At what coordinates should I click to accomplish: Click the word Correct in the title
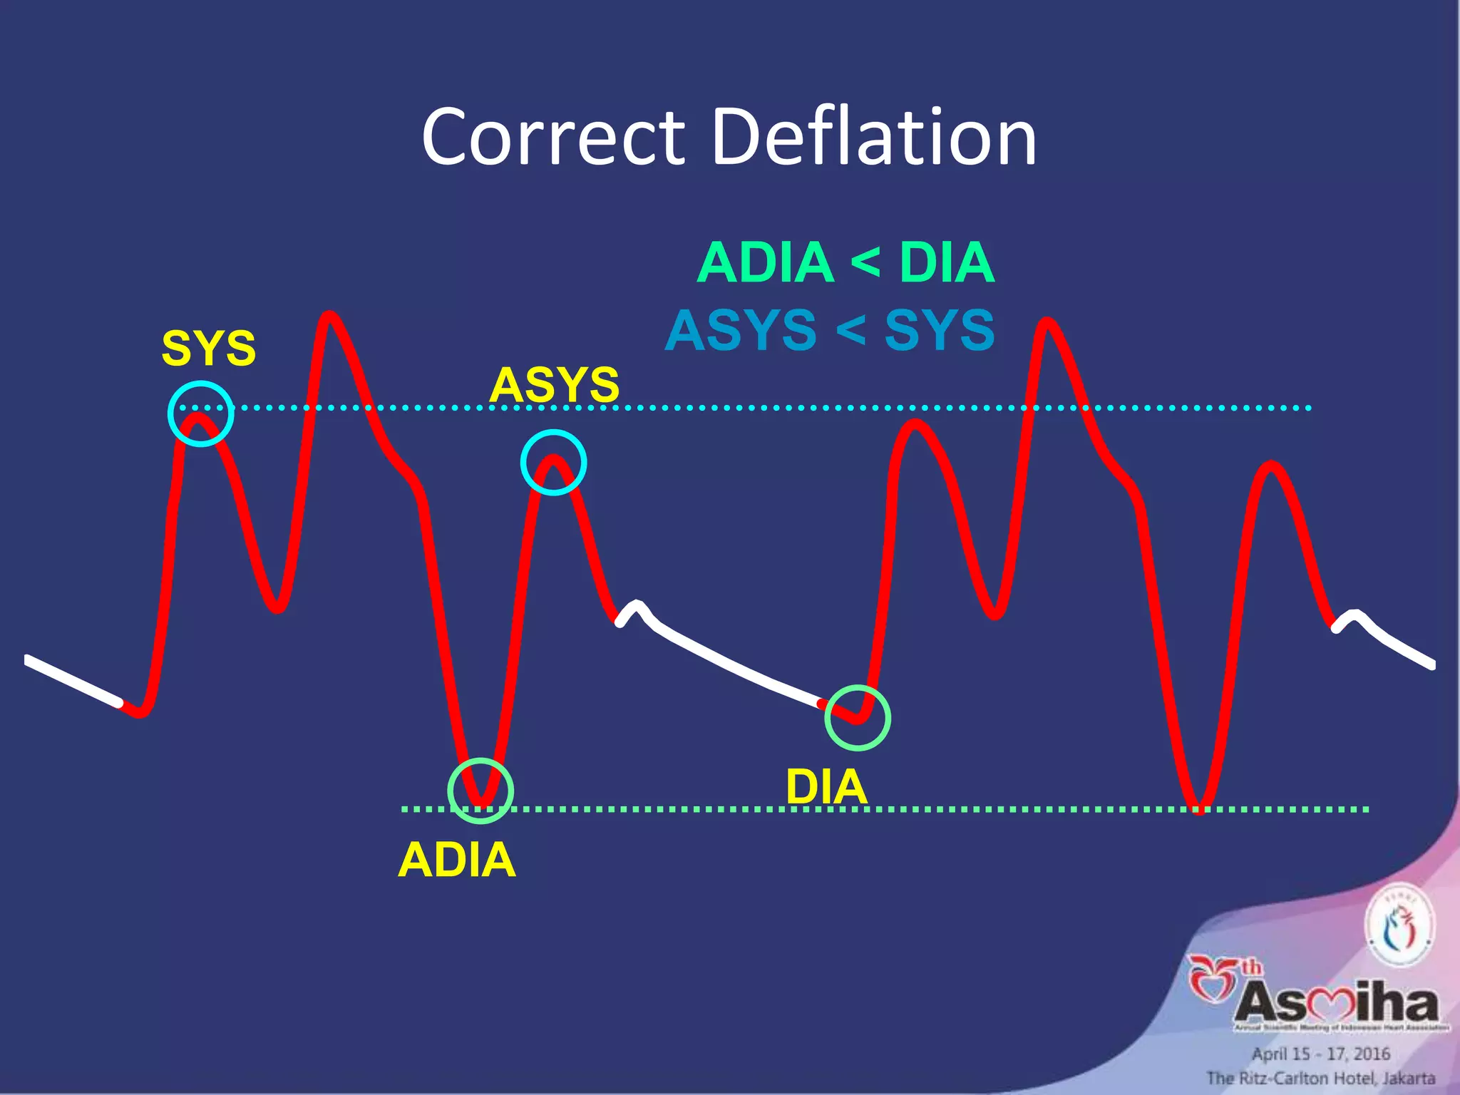(x=552, y=137)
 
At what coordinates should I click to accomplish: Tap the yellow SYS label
(x=208, y=349)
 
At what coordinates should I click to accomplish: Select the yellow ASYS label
(x=554, y=385)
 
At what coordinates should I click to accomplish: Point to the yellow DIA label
(x=826, y=788)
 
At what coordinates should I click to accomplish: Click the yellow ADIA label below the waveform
(x=456, y=860)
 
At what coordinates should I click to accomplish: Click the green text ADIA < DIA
(x=845, y=263)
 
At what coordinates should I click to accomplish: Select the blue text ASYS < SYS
(x=830, y=331)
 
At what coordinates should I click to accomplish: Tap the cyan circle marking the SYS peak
(x=201, y=413)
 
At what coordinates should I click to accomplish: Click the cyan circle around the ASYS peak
(x=553, y=462)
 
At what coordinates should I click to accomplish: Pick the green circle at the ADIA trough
(x=480, y=791)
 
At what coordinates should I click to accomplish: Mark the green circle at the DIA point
(x=858, y=718)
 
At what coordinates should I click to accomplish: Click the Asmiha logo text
(x=1337, y=1003)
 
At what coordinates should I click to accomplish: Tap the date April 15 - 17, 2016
(x=1321, y=1054)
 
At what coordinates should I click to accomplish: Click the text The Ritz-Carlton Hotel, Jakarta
(x=1320, y=1078)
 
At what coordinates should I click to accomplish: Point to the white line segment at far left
(x=71, y=681)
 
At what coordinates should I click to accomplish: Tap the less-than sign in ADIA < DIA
(x=865, y=263)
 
